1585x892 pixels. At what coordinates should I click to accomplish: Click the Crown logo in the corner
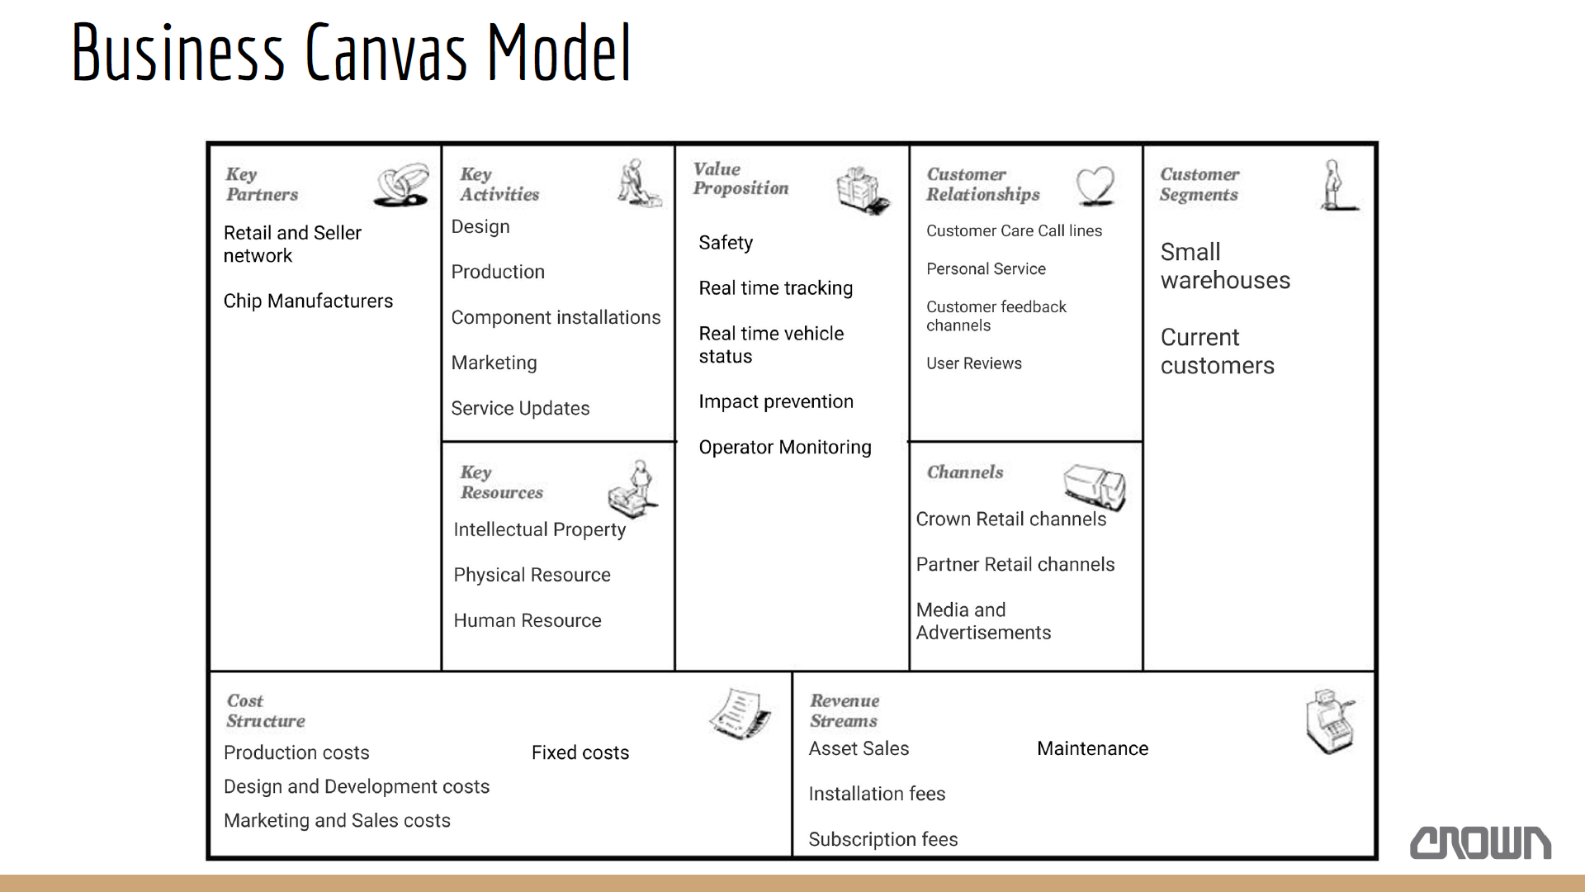[1480, 842]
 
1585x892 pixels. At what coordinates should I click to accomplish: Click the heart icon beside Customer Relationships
[1095, 186]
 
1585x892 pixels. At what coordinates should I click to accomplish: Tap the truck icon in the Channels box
[1095, 486]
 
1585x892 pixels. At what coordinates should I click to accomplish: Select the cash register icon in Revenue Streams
[1330, 722]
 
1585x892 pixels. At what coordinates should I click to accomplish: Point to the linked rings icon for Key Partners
[402, 184]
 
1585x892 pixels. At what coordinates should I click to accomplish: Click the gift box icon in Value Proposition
[863, 190]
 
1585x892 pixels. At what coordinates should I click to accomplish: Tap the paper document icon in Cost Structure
[740, 713]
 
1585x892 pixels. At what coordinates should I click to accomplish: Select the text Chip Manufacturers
[308, 301]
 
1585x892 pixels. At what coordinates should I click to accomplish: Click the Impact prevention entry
[776, 402]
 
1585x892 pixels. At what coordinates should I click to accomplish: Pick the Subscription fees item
[882, 840]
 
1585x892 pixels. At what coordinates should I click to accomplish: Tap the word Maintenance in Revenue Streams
[1092, 748]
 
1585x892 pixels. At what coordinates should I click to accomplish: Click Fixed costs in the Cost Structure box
[580, 752]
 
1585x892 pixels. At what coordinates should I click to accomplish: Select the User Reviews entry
[973, 363]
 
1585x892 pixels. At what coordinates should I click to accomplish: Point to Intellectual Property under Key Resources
[539, 530]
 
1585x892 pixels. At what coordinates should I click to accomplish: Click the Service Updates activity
[520, 409]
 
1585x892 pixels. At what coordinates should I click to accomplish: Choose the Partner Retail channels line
[1015, 565]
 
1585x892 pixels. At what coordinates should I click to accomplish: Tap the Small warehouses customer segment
[1225, 266]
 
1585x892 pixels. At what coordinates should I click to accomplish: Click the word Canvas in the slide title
[386, 53]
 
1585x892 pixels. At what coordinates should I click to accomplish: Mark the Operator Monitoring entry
[784, 448]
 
